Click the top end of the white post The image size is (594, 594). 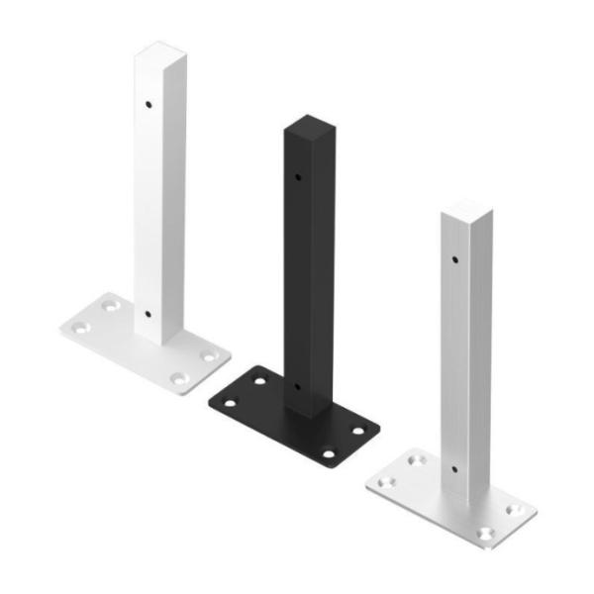coord(159,49)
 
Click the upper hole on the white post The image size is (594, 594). coord(148,102)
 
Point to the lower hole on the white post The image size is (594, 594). coord(148,314)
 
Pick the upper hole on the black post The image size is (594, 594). coord(297,177)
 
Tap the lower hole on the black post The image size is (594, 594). coord(297,387)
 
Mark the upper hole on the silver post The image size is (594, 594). coord(455,259)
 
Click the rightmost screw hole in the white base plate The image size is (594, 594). coord(209,354)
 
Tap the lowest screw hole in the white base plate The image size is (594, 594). coord(178,378)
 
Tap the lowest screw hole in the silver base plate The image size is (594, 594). coord(484,534)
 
